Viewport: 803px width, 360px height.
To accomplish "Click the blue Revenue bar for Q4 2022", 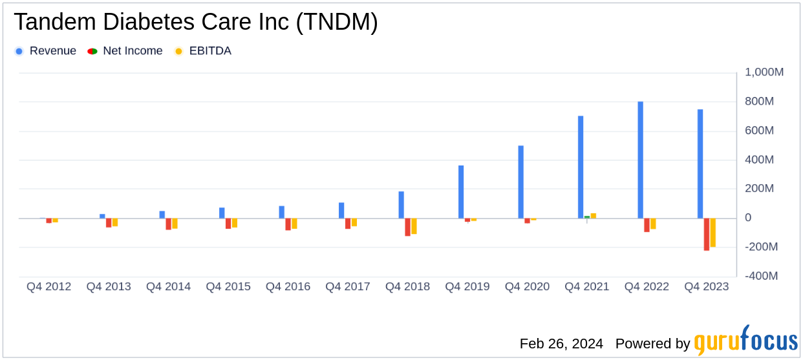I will pos(640,160).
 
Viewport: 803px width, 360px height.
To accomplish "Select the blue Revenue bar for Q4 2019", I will pos(461,192).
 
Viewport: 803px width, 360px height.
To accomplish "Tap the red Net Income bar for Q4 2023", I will pos(707,234).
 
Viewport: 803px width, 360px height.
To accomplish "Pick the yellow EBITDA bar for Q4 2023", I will pos(713,233).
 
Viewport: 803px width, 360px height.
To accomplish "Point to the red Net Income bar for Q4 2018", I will pos(408,227).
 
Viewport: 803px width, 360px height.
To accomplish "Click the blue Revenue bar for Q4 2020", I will pos(520,182).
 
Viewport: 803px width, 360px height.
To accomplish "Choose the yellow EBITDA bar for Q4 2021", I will pos(594,216).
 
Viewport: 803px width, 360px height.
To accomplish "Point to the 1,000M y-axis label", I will pos(764,72).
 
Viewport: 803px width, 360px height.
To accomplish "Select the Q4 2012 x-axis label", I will pos(48,286).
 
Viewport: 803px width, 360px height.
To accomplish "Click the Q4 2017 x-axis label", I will pos(348,286).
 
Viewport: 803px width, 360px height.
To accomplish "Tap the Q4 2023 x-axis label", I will pos(707,286).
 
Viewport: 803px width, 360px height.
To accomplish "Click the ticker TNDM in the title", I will pos(337,23).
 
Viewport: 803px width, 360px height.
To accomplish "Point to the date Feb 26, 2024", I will pos(561,343).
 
